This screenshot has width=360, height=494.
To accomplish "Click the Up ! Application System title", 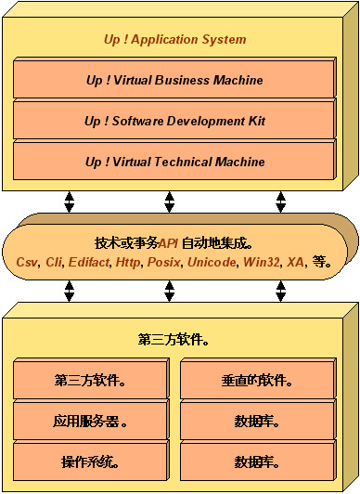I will [174, 40].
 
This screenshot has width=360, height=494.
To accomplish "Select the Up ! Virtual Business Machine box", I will [174, 80].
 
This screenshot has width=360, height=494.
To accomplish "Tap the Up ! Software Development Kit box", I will [174, 121].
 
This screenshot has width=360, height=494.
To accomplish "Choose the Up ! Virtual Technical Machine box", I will [174, 162].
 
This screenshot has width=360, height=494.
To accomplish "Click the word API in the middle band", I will [169, 243].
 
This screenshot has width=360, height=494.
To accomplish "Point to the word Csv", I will [27, 263].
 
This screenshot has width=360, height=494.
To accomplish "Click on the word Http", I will [128, 263].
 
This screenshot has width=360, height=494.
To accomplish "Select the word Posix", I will [163, 263].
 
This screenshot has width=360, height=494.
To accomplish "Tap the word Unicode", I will [212, 263].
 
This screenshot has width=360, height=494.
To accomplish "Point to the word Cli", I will [54, 263].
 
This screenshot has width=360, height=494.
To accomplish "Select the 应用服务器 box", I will [91, 421].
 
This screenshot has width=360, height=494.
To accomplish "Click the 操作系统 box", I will [91, 461].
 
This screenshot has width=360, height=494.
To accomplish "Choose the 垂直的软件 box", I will [257, 380].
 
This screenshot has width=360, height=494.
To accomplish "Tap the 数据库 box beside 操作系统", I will [257, 461].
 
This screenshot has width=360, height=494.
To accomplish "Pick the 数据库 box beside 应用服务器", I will [257, 421].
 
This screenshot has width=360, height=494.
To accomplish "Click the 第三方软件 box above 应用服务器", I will [91, 380].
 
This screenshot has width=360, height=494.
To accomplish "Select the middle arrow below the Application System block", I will [169, 201].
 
